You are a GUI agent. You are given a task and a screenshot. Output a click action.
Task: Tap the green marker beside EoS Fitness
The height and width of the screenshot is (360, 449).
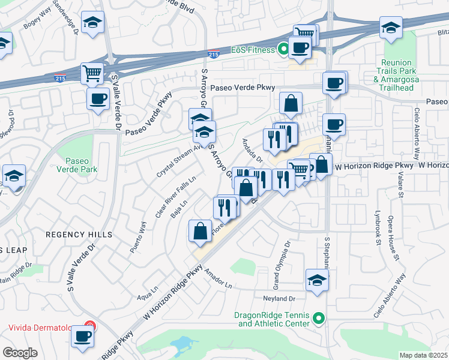coord(282,50)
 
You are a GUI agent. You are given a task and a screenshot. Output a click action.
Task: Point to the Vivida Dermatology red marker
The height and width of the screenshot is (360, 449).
coord(89,328)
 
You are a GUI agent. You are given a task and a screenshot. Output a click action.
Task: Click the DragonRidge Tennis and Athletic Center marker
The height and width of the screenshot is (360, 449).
coord(319,317)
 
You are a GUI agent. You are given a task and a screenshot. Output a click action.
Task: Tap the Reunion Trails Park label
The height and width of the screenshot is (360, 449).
coord(396,75)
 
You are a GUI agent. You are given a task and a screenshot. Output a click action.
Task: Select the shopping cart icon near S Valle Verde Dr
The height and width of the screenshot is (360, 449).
coord(92,74)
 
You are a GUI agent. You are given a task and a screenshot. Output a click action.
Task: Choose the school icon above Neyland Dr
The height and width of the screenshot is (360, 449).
coord(318,280)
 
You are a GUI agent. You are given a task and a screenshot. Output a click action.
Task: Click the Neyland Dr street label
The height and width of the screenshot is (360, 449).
coord(279,298)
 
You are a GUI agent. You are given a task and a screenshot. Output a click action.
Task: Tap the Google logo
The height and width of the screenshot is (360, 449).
coord(20,353)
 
